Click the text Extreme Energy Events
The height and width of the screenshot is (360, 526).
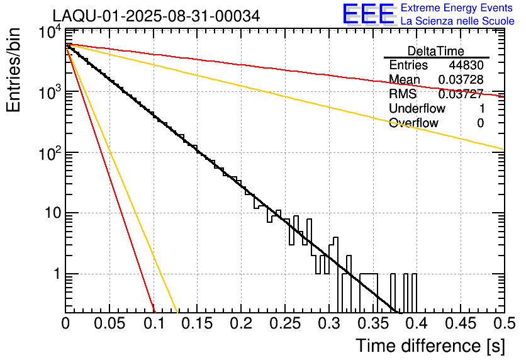click(x=457, y=8)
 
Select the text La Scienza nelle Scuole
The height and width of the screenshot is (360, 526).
click(x=457, y=21)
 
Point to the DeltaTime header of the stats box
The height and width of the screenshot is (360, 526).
click(x=436, y=50)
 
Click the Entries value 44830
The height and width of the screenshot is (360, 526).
click(x=466, y=65)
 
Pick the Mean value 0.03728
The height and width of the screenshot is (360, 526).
click(x=461, y=79)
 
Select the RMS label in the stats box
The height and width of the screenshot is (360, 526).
click(x=403, y=94)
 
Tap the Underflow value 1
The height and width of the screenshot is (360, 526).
click(x=481, y=108)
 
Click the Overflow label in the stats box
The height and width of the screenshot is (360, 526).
click(x=413, y=123)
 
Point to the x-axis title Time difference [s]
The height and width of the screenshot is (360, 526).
click(x=430, y=346)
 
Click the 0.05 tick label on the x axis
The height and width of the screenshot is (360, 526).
click(x=109, y=323)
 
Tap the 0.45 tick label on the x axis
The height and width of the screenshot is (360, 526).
click(x=460, y=323)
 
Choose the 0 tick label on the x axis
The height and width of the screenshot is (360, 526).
click(x=66, y=323)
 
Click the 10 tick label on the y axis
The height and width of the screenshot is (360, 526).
click(x=50, y=213)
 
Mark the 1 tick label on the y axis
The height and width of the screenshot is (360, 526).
click(x=55, y=274)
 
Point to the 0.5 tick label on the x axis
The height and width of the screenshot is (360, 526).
click(x=504, y=323)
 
